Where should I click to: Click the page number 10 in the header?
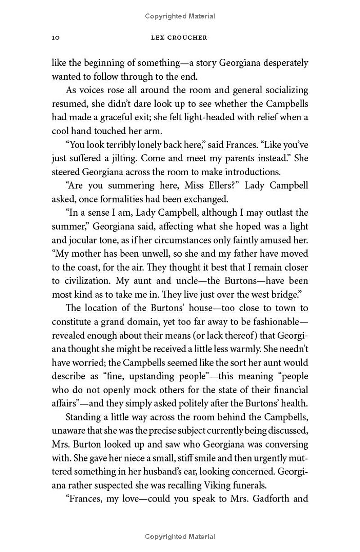coord(56,38)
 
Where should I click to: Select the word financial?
coord(285,390)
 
